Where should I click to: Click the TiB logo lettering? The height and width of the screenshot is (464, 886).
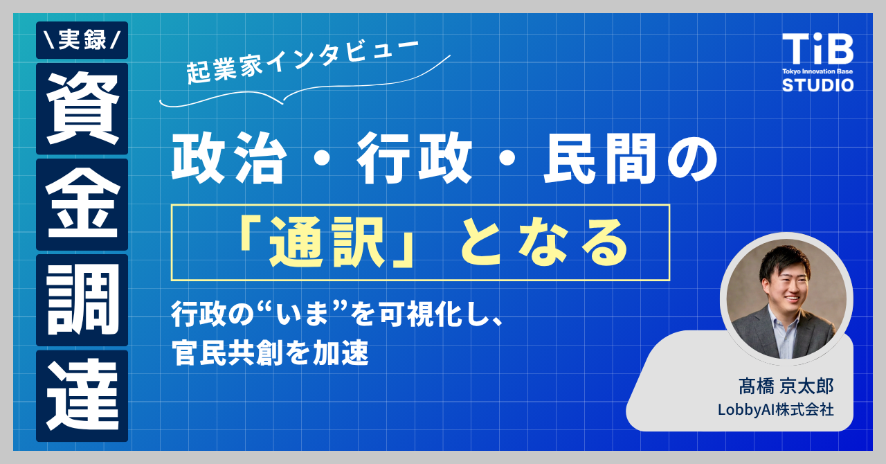coord(817,48)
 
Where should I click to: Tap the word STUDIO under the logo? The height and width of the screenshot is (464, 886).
coord(817,85)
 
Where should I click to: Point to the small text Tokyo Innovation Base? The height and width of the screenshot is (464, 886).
coord(817,71)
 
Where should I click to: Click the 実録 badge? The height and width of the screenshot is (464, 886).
coord(82,40)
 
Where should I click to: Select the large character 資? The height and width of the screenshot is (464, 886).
coord(82,109)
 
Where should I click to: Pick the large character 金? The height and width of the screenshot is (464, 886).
coord(82,204)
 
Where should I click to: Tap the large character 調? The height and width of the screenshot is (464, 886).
coord(82,300)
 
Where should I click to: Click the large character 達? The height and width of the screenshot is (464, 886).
coord(82,395)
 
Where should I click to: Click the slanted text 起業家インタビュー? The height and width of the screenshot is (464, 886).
coord(302,61)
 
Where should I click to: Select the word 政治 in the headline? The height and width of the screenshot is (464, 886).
coord(229,159)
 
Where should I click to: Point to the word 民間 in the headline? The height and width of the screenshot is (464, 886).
coord(600,159)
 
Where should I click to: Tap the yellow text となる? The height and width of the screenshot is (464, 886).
coord(543,242)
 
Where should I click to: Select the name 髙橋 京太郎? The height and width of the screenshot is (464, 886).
coord(786,386)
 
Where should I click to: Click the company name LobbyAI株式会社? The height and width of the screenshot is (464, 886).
coord(776,410)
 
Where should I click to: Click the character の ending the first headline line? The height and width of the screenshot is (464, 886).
coord(692,159)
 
